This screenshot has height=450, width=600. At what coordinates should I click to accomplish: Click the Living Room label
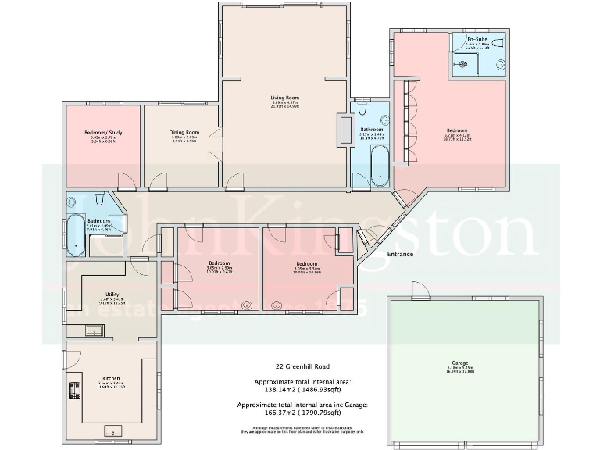pyautogui.click(x=285, y=98)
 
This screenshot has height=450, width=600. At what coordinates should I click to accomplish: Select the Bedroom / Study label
pyautogui.click(x=102, y=134)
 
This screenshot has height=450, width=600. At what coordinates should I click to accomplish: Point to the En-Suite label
pyautogui.click(x=477, y=39)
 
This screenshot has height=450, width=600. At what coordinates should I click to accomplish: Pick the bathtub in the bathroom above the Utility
pyautogui.click(x=76, y=234)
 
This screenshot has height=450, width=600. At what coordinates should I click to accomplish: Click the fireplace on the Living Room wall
pyautogui.click(x=343, y=129)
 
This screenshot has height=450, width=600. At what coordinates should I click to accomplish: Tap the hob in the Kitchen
pyautogui.click(x=75, y=390)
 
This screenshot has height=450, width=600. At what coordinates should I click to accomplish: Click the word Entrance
pyautogui.click(x=399, y=254)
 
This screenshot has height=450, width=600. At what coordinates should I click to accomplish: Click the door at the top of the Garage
pyautogui.click(x=420, y=295)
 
